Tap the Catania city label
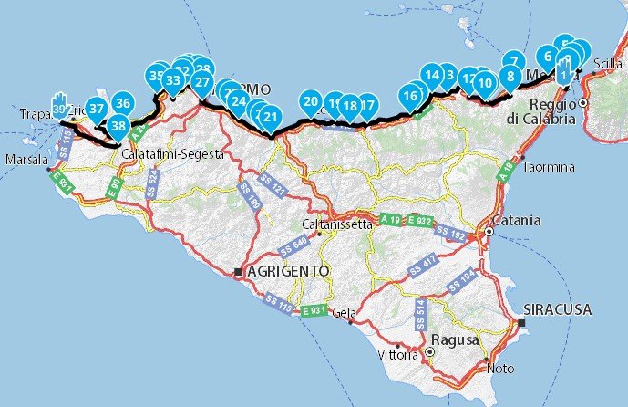[x=517, y=221]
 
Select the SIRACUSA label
[x=558, y=310]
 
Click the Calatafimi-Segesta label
[x=172, y=155]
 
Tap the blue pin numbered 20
[x=311, y=102]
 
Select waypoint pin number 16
[x=411, y=95]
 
